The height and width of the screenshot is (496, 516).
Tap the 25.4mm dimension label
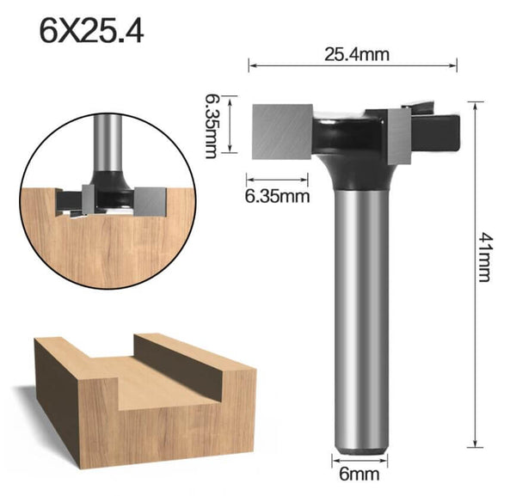[357, 54]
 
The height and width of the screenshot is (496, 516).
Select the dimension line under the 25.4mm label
[353, 65]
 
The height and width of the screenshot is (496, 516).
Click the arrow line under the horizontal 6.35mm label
[277, 181]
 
